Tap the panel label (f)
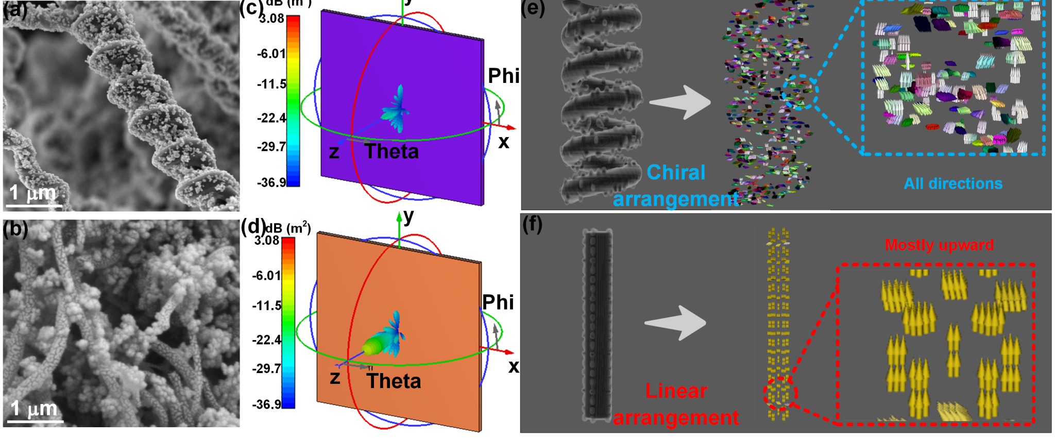[x=532, y=225]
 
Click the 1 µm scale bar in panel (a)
[x=34, y=206]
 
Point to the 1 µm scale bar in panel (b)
[x=35, y=421]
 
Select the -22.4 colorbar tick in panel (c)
[x=271, y=118]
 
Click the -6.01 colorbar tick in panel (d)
[x=266, y=275]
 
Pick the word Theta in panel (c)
[x=392, y=151]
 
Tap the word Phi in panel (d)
[x=498, y=302]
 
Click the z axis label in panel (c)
[x=334, y=152]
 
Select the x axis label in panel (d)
[x=514, y=366]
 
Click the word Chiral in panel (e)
[x=676, y=172]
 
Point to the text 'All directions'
[x=953, y=183]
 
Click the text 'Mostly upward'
[x=939, y=245]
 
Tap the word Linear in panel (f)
[x=676, y=391]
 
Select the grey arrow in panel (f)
[x=676, y=323]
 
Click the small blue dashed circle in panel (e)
[x=799, y=92]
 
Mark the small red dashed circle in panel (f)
[x=780, y=394]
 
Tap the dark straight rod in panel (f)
[x=598, y=324]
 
